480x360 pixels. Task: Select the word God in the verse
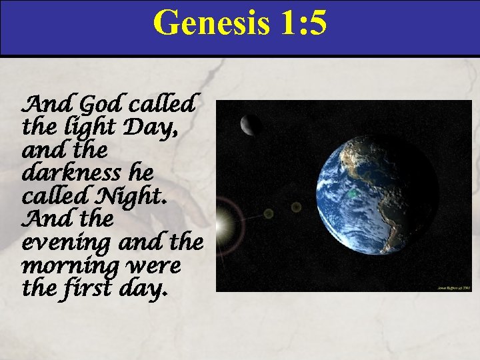(x=102, y=105)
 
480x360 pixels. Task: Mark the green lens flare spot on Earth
(x=351, y=193)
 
